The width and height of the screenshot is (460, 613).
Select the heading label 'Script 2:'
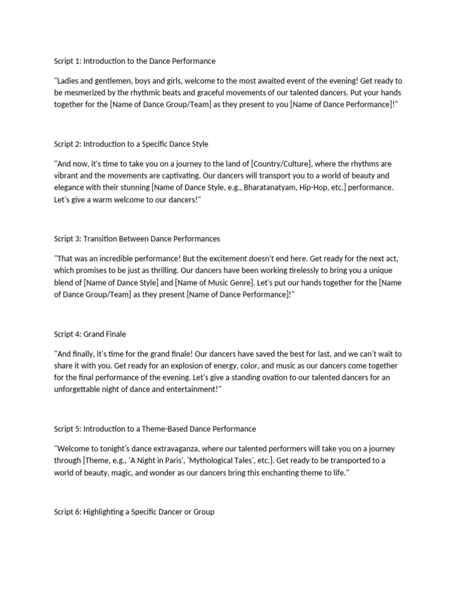pyautogui.click(x=68, y=144)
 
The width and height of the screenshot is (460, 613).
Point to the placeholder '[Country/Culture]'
pyautogui.click(x=281, y=164)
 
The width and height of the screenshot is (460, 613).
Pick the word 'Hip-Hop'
pyautogui.click(x=314, y=187)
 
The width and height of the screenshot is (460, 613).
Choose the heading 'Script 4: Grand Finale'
pyautogui.click(x=90, y=334)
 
